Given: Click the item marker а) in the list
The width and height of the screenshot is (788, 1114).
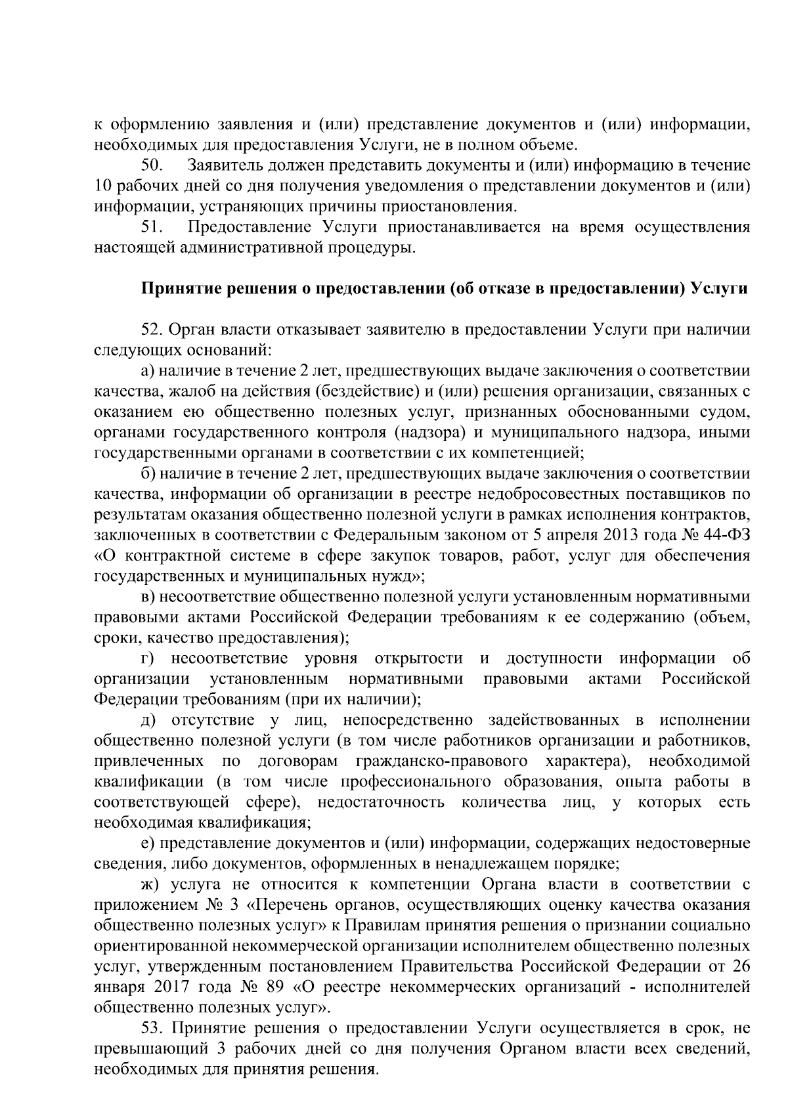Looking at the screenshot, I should click(x=147, y=371).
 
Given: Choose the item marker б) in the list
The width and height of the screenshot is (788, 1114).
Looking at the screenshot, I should click(x=147, y=473).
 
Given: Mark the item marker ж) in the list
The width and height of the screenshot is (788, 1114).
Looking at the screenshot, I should click(x=150, y=884).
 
